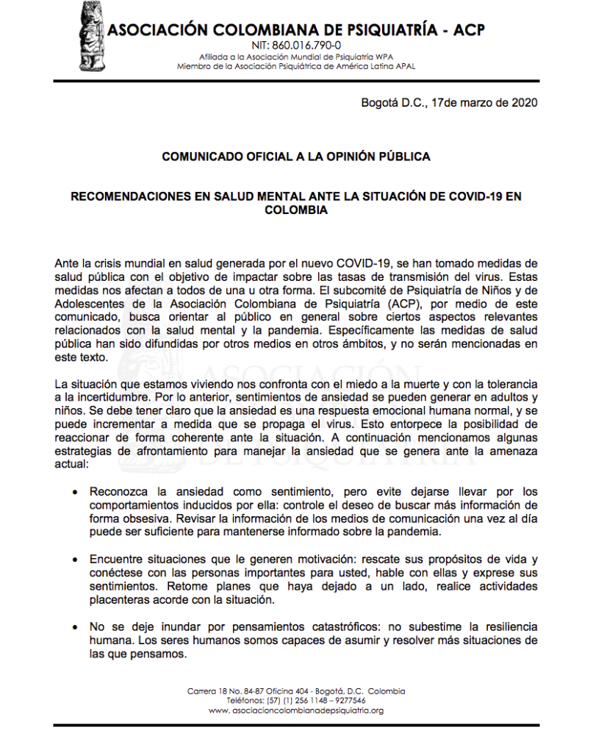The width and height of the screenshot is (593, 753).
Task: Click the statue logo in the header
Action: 92,35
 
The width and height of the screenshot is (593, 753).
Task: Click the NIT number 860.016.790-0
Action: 296,46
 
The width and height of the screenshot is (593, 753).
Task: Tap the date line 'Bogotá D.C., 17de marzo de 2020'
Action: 449,102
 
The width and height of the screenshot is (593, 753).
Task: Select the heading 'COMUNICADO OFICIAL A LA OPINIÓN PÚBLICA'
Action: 296,157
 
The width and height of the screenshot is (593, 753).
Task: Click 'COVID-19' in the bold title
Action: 477,197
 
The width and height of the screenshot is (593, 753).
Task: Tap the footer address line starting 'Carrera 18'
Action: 296,691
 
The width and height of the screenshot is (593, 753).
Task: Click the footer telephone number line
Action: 296,701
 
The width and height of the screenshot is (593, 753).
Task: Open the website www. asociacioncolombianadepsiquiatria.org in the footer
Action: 296,711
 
